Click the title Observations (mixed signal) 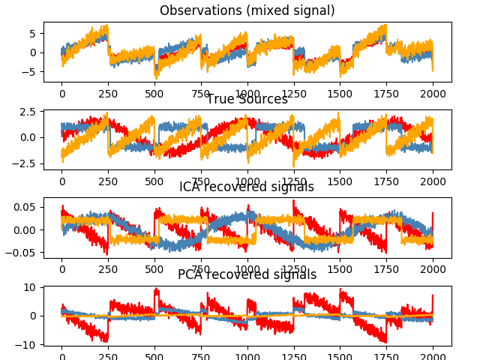pos(247,10)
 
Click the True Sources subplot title pos(247,99)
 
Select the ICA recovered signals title pos(247,187)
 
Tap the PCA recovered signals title pos(247,274)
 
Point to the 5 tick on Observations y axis pos(33,34)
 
